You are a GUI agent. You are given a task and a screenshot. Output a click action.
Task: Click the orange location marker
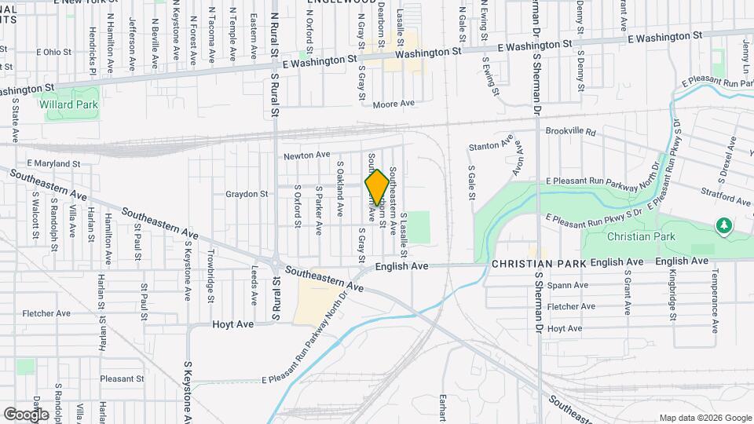click(377, 188)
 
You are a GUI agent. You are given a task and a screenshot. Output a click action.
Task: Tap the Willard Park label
click(71, 104)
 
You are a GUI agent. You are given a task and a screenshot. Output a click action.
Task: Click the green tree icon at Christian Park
click(723, 226)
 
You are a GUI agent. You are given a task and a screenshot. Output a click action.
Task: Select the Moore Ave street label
click(393, 104)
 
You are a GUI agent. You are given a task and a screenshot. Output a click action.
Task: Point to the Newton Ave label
click(307, 155)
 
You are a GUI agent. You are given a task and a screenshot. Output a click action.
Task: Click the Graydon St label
click(247, 193)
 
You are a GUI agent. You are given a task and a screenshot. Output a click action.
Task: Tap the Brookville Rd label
click(571, 132)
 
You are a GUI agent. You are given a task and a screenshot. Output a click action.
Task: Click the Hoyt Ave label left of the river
click(233, 323)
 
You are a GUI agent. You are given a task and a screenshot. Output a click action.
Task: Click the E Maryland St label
click(53, 163)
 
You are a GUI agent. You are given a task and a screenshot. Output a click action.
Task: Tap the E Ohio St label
click(53, 52)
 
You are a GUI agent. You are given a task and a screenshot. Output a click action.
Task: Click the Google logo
click(26, 414)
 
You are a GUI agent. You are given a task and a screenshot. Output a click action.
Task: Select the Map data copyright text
click(704, 418)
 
